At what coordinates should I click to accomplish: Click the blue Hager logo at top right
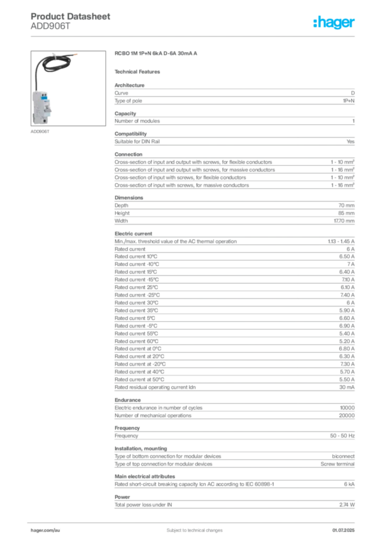pos(335,23)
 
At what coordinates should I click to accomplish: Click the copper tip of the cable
pos(78,54)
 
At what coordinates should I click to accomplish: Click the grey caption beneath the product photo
pos(40,132)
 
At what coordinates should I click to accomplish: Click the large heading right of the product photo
pos(156,54)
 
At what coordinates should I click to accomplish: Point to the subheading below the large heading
pos(139,71)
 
